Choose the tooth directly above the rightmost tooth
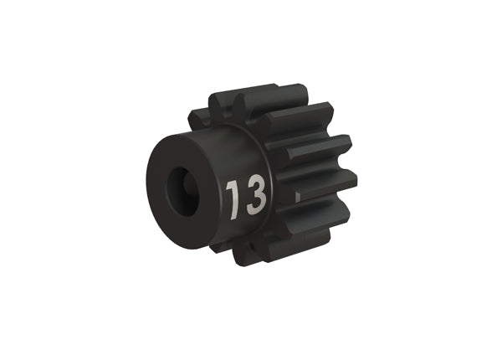point(322,151)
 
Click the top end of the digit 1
point(234,181)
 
